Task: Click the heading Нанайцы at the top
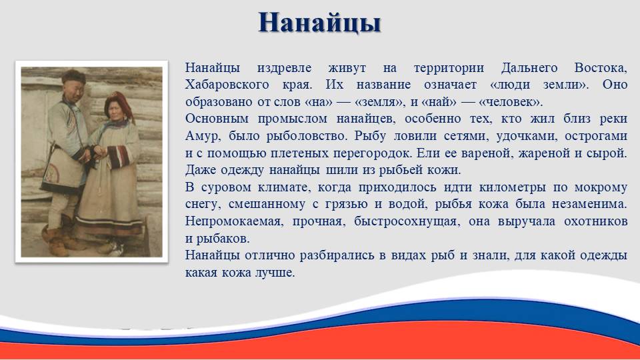319,23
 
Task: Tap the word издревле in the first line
284,67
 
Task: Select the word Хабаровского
227,85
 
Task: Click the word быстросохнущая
405,221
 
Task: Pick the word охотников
595,221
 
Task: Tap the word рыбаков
223,238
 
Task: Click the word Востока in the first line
599,67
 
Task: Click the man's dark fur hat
73,76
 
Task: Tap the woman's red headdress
119,104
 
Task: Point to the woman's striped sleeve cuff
119,156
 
